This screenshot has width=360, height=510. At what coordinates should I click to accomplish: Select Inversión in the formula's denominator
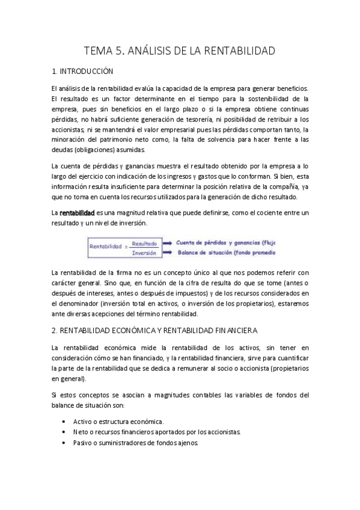point(144,253)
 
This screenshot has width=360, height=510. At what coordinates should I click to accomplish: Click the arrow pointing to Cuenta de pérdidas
point(166,242)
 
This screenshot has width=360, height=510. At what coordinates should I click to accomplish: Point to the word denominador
point(76,304)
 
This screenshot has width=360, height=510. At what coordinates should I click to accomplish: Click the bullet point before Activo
point(64,422)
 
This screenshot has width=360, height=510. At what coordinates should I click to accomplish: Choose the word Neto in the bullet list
point(80,432)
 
